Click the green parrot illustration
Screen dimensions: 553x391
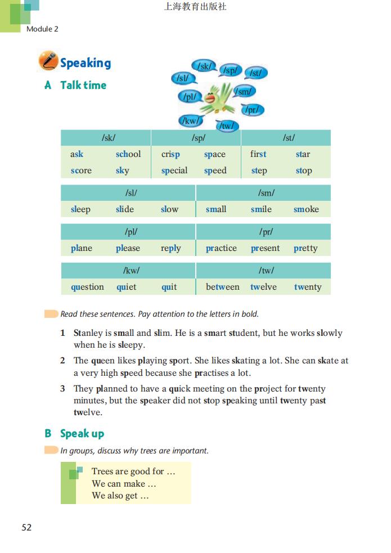(x=217, y=99)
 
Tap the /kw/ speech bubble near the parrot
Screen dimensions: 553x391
(x=190, y=120)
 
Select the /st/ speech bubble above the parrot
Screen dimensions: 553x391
(x=255, y=73)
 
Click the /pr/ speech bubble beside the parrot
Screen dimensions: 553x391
(x=252, y=110)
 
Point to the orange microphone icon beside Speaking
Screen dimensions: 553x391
(x=48, y=61)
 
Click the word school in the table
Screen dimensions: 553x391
(x=128, y=154)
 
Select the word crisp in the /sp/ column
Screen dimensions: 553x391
(x=170, y=154)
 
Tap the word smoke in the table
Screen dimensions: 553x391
(x=306, y=209)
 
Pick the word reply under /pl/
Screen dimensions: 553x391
(x=170, y=248)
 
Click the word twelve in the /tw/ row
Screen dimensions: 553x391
(x=263, y=287)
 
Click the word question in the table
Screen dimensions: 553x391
(x=87, y=287)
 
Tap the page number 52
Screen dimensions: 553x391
(x=26, y=527)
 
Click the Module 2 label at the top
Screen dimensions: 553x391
(x=42, y=29)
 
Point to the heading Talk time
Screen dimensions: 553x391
(x=83, y=86)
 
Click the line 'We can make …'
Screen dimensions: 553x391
(x=124, y=484)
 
